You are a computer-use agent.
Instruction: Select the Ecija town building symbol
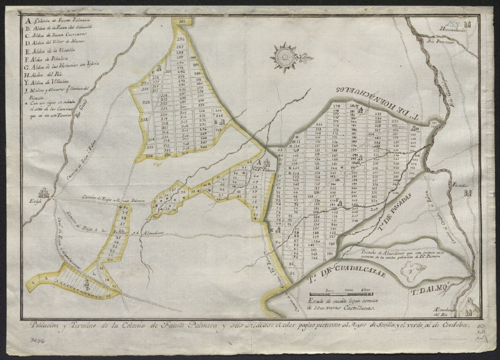click(x=43, y=193)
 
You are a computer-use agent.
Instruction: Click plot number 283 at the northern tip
click(x=182, y=22)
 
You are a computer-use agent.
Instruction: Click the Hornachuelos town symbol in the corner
click(x=468, y=24)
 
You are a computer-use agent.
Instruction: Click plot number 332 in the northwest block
click(x=146, y=102)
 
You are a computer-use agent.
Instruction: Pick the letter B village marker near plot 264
click(x=215, y=122)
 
